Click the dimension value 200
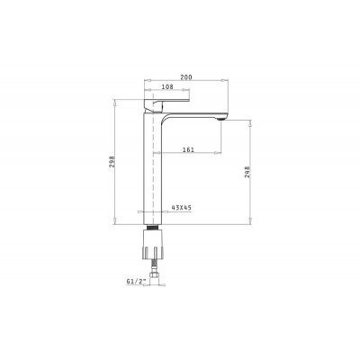(x=186, y=78)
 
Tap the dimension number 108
(x=167, y=87)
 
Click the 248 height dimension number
(x=247, y=173)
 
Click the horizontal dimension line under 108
(x=165, y=93)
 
